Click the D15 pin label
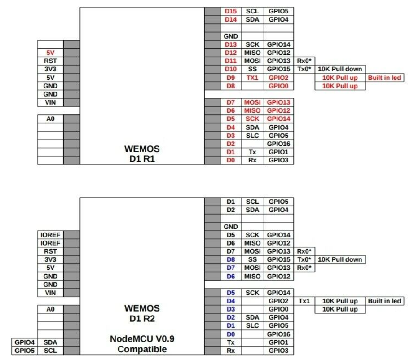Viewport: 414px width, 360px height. tap(230, 11)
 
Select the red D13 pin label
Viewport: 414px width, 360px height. tap(230, 44)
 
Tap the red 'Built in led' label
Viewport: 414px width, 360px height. tap(384, 78)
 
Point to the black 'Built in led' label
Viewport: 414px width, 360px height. tap(384, 301)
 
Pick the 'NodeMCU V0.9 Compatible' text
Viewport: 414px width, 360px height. tap(142, 344)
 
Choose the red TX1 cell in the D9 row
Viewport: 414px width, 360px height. tap(252, 78)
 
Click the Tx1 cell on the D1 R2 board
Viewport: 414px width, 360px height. tap(304, 301)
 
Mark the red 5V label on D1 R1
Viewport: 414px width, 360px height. tap(50, 53)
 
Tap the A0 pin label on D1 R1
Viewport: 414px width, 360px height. tap(50, 119)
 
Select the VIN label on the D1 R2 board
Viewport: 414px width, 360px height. tap(50, 293)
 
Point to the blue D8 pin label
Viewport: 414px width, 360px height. tap(230, 259)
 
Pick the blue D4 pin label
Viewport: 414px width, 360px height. tap(230, 301)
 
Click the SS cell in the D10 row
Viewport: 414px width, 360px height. tap(252, 69)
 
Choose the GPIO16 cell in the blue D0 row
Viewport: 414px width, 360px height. tap(279, 334)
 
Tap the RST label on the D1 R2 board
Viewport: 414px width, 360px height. tap(50, 251)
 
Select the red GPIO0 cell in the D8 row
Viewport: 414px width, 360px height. tap(279, 86)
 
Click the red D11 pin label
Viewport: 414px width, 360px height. tap(230, 61)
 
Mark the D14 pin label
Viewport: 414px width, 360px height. tap(230, 20)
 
